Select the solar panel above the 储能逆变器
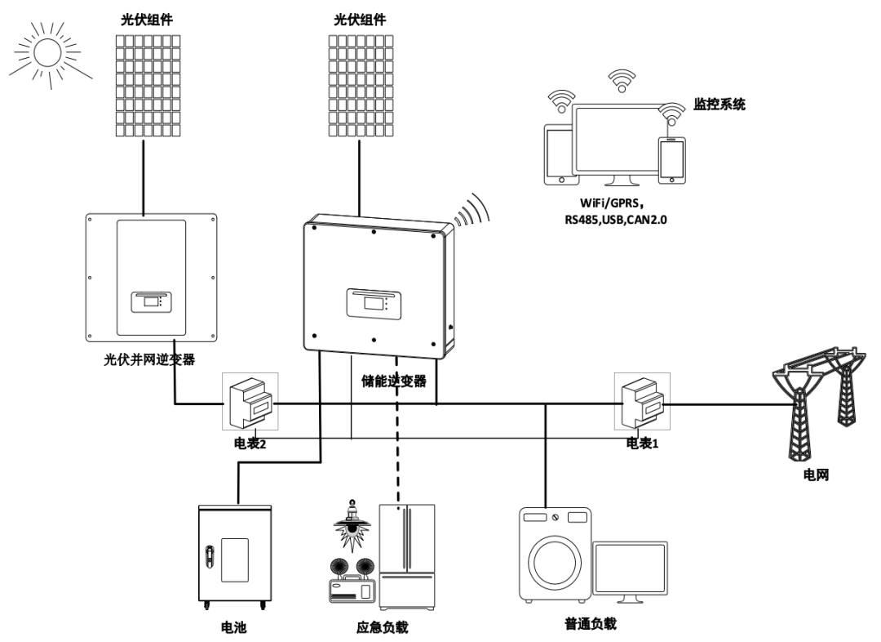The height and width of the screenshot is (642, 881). tap(360, 85)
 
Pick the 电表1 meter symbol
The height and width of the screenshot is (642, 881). tap(642, 400)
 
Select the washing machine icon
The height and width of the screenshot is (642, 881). tap(556, 555)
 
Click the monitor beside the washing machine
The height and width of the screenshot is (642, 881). tap(631, 570)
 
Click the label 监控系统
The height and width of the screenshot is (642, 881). tap(719, 105)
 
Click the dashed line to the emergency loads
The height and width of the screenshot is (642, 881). tap(398, 441)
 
